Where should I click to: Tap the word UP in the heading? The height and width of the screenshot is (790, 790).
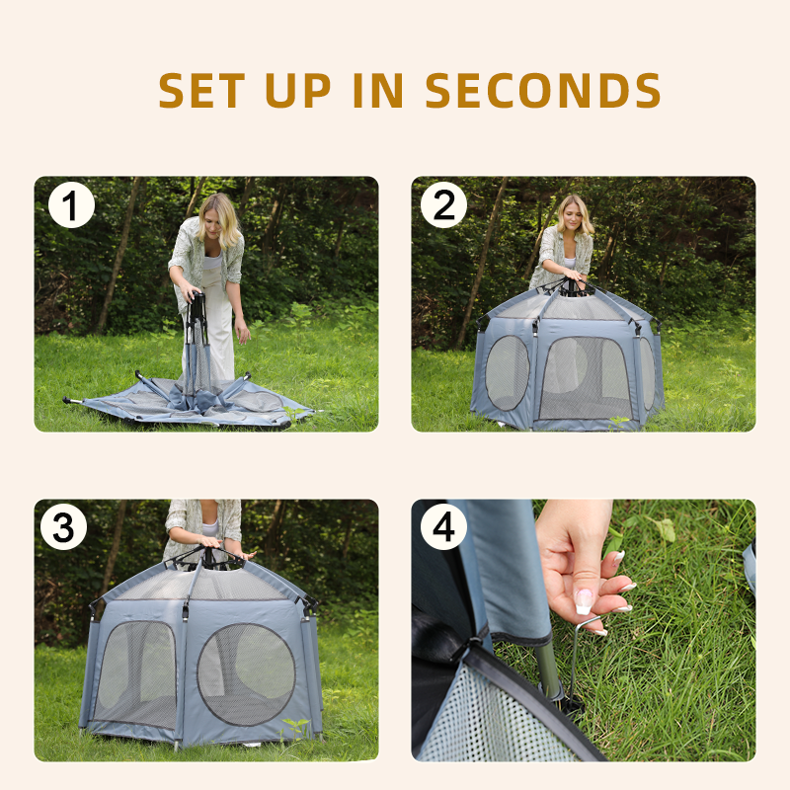click(x=298, y=90)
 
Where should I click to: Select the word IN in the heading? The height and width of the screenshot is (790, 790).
click(x=378, y=90)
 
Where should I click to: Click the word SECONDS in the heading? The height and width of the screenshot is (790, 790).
click(x=542, y=90)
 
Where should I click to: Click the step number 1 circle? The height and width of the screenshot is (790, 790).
click(x=71, y=205)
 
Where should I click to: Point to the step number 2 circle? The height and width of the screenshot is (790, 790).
click(x=443, y=205)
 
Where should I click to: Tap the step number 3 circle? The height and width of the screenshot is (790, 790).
click(x=63, y=527)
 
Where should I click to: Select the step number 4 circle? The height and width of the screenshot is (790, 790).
click(x=443, y=527)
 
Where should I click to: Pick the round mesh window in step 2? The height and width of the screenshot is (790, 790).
click(x=508, y=372)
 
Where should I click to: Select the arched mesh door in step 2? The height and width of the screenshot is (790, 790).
click(x=585, y=378)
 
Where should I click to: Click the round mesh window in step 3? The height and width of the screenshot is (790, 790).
click(x=246, y=674)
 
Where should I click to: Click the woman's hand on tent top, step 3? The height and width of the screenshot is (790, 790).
click(x=210, y=542)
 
